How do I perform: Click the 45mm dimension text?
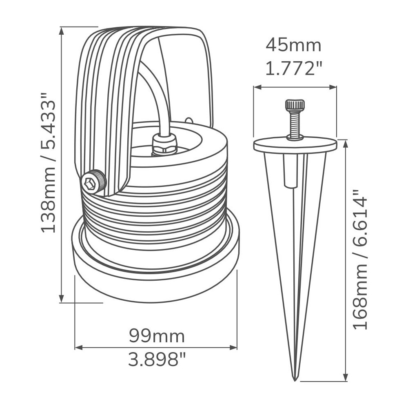[x=293, y=45]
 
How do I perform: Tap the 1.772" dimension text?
[x=293, y=68]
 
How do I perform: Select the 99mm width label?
[x=157, y=336]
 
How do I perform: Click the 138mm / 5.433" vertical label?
[x=48, y=163]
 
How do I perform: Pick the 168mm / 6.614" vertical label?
[x=361, y=259]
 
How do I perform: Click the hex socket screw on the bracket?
[x=93, y=182]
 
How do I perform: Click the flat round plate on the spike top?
[x=295, y=145]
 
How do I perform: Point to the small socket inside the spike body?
[x=290, y=171]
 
